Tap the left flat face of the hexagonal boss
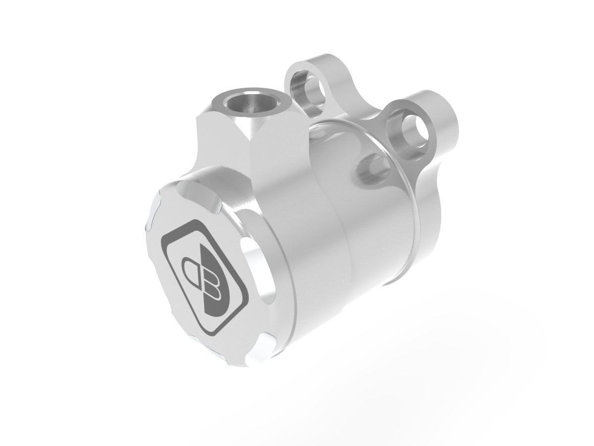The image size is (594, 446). pyautogui.click(x=223, y=144)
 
